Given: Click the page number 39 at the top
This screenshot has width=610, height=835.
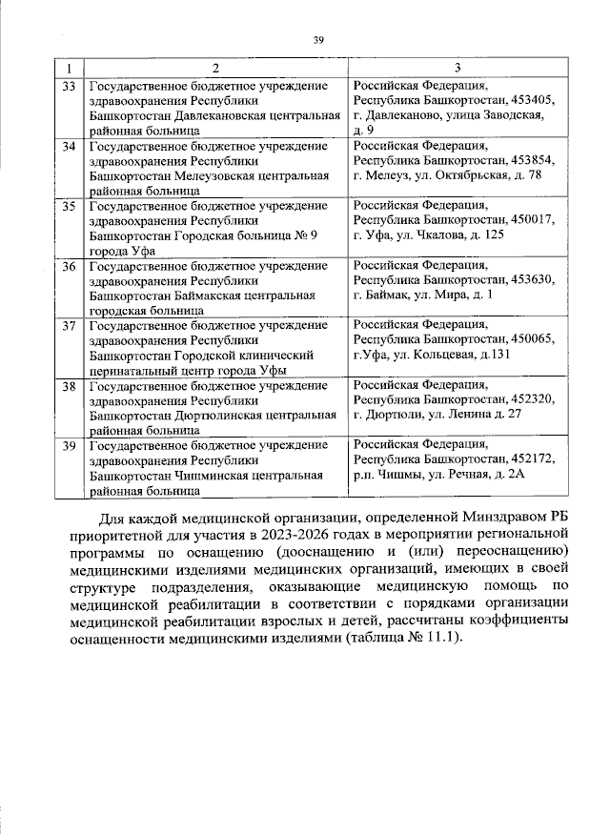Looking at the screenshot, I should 319,39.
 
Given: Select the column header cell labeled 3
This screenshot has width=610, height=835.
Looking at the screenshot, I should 457,68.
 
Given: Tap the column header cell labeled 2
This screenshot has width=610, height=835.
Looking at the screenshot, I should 215,68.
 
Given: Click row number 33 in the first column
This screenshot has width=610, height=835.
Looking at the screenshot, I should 69,86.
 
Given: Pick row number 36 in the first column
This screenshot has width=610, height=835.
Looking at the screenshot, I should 69,266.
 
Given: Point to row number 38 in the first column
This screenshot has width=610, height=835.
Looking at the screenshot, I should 69,386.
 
